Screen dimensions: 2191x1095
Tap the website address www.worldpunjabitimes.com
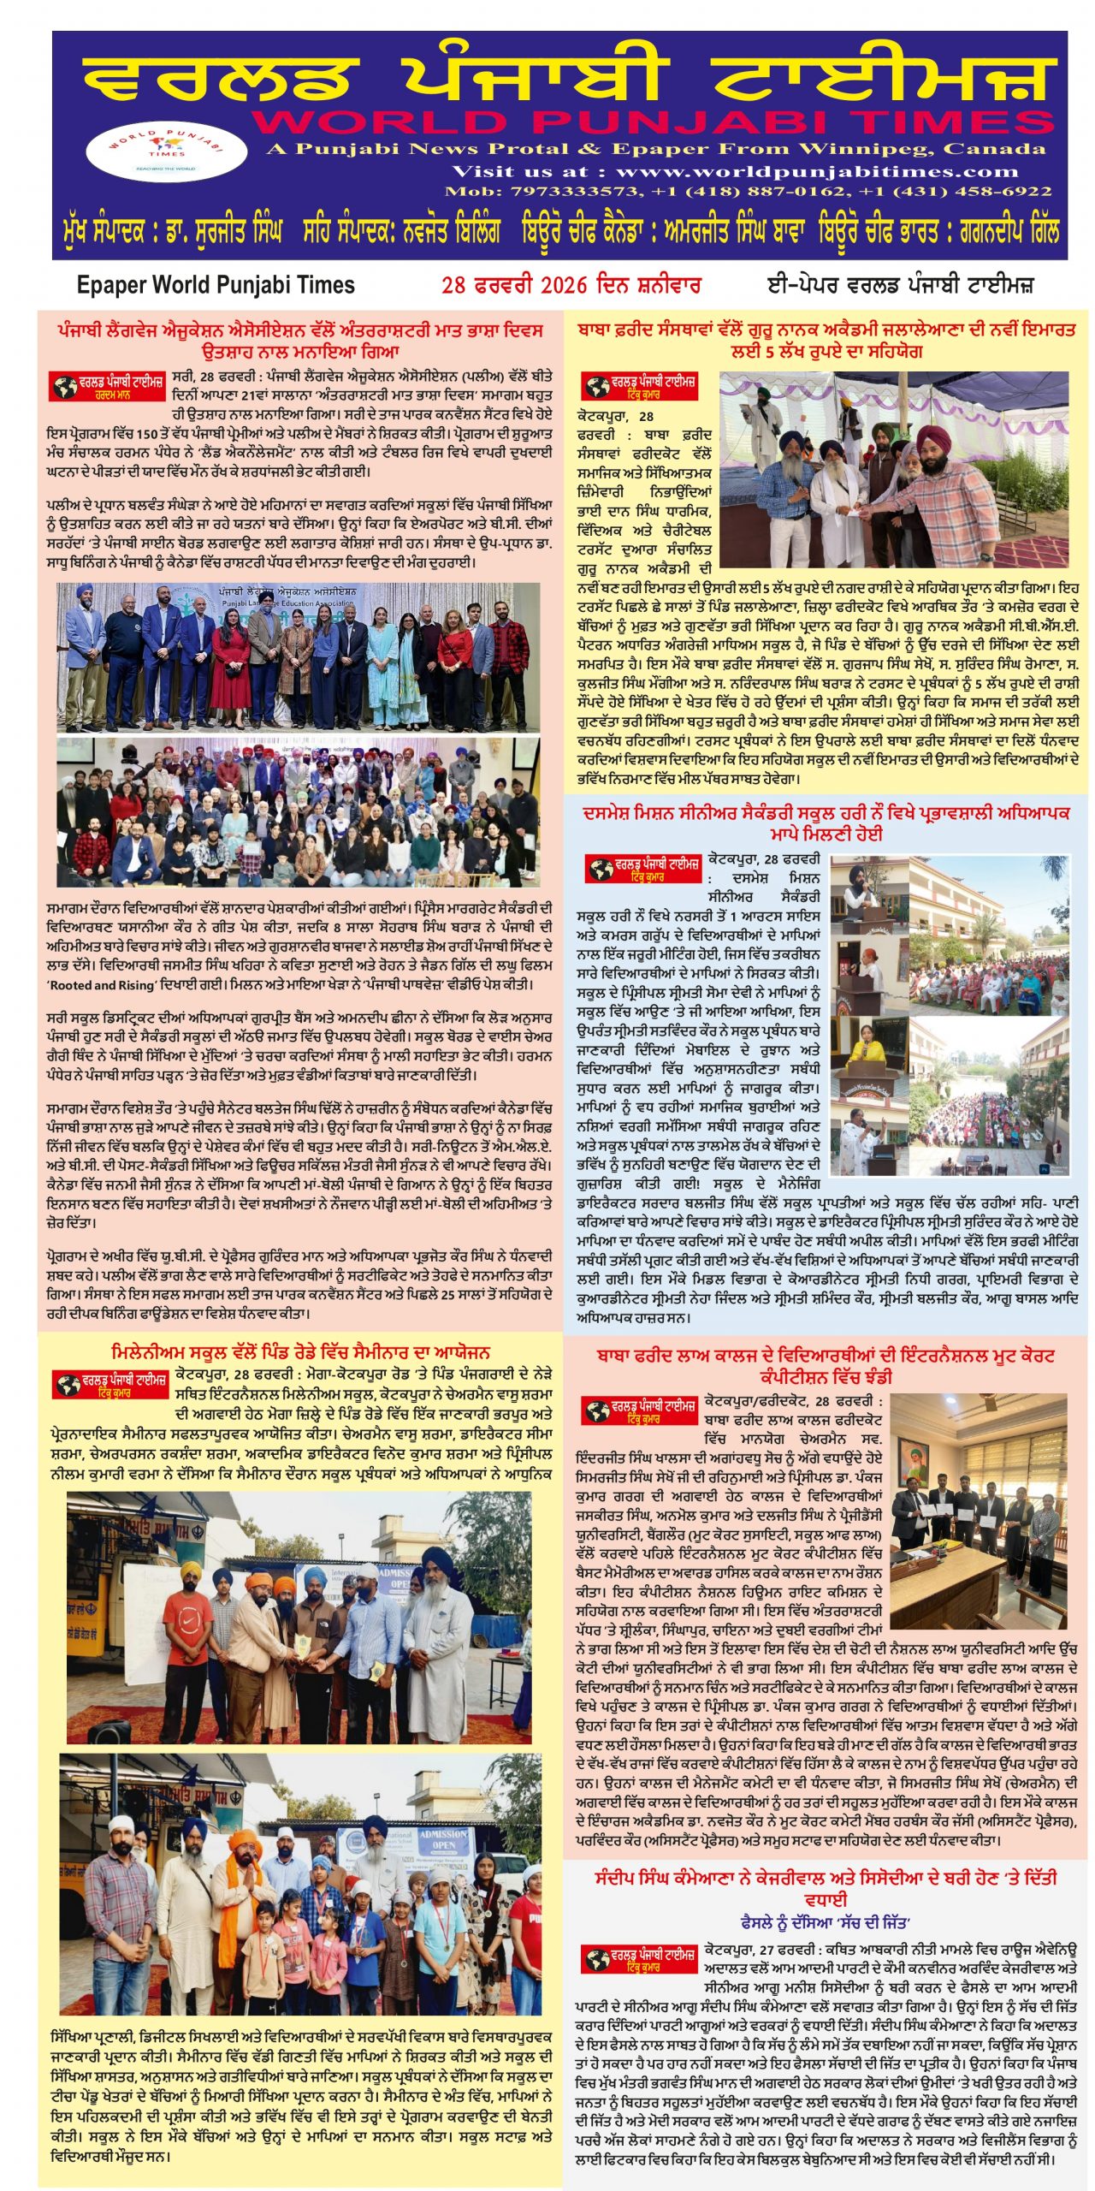point(817,171)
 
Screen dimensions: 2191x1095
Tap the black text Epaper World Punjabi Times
point(216,285)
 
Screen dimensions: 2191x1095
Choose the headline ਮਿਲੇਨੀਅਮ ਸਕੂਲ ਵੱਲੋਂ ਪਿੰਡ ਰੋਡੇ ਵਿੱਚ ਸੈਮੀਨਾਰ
point(300,1353)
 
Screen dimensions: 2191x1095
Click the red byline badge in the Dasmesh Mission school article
point(642,869)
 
